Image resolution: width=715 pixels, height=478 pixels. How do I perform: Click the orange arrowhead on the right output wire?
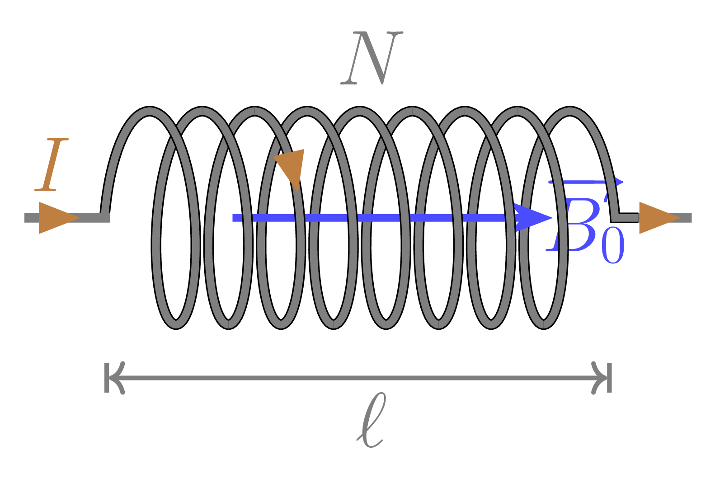[657, 218]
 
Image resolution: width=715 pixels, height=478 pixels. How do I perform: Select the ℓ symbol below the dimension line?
[371, 420]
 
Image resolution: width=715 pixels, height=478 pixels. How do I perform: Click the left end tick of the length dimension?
[107, 377]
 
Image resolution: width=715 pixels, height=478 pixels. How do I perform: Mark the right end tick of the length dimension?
[610, 377]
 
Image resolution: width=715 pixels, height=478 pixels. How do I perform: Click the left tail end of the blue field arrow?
[234, 218]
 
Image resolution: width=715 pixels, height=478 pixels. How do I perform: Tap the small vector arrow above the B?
[586, 183]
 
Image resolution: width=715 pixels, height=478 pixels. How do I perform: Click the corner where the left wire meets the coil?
[105, 217]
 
